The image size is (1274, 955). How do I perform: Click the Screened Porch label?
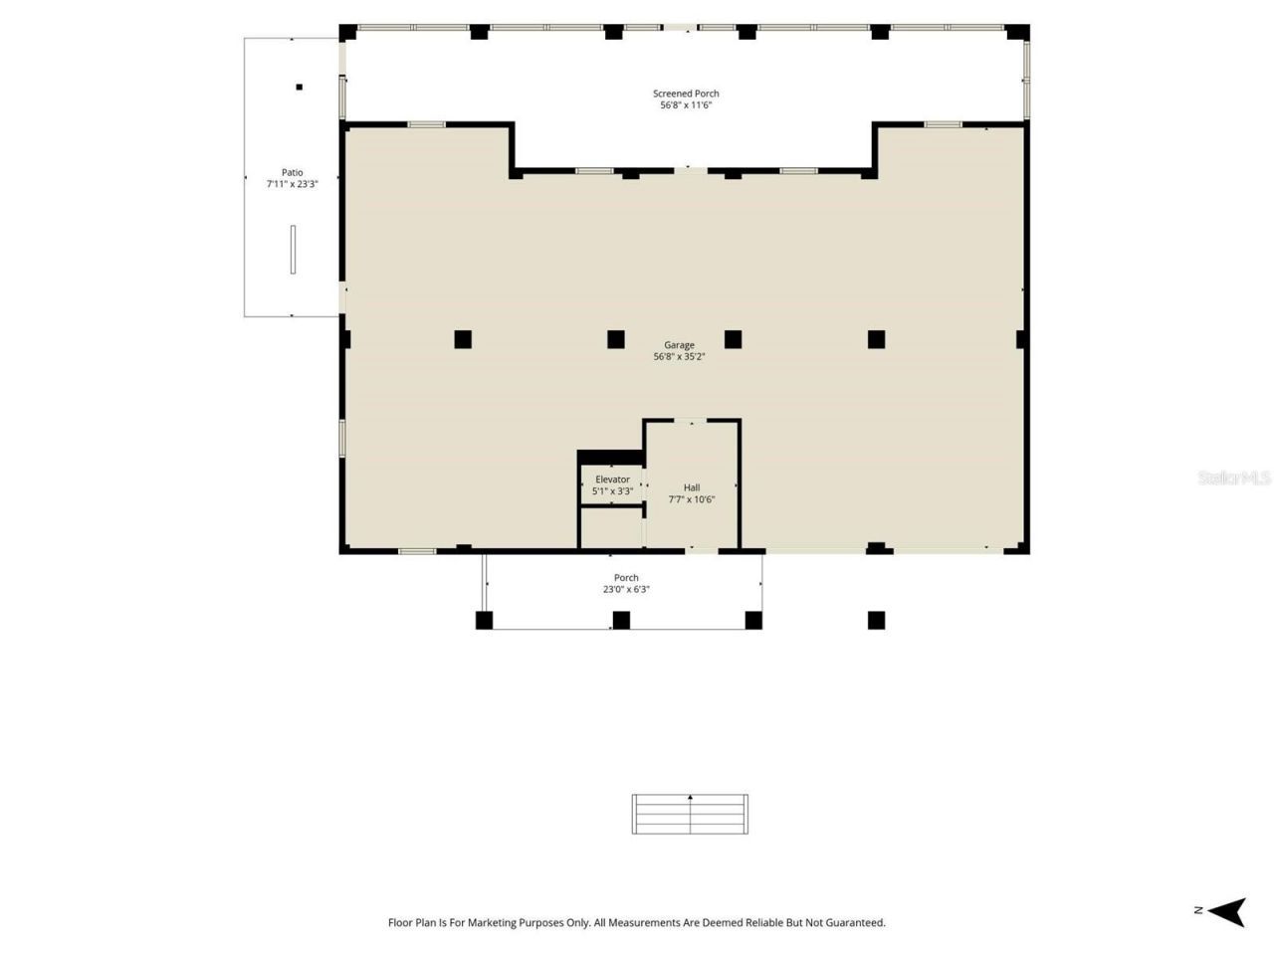coord(686,94)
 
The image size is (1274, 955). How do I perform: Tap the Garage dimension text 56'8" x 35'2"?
coord(679,357)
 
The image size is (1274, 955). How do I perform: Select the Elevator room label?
coord(612,479)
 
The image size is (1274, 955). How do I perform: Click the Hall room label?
coord(691,487)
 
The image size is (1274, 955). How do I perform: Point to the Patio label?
coord(292,172)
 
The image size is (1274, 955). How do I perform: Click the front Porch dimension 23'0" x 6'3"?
coord(626,590)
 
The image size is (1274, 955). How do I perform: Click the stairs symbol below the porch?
coord(690,814)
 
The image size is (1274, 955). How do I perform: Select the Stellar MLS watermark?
coord(1234,478)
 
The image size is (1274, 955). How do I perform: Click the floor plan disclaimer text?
coord(636,923)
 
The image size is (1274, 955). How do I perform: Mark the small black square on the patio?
coord(299,88)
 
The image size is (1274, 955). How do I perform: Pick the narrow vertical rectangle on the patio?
coord(293,250)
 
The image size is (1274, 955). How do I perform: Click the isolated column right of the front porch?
coord(876,621)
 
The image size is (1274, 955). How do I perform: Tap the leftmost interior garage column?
coord(463,339)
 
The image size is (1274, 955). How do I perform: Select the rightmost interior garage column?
coord(876,339)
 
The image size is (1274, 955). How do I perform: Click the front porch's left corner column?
coord(484,621)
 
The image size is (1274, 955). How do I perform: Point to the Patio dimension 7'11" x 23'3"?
coord(292,184)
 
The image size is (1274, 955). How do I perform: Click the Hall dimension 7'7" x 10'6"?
coord(691,499)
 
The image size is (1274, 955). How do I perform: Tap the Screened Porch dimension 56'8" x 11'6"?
coord(686,105)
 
